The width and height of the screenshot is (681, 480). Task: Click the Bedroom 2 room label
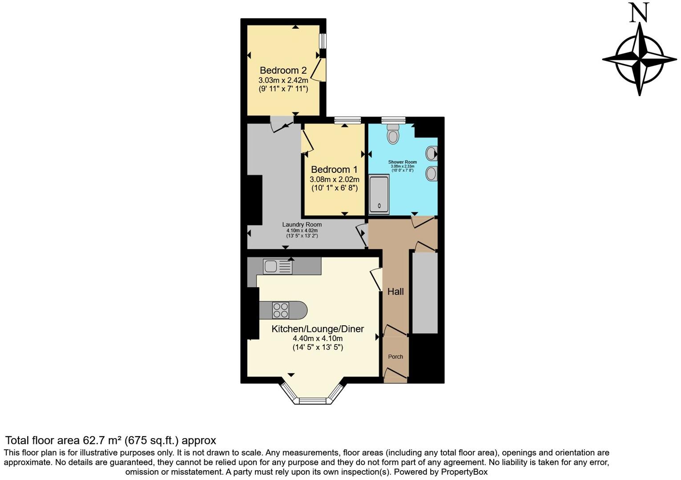(x=283, y=70)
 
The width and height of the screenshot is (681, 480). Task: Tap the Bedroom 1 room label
(x=334, y=169)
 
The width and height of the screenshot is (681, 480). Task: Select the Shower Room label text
(x=402, y=162)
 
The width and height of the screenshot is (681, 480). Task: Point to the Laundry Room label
(x=302, y=224)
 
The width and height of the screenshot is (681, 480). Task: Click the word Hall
(x=395, y=292)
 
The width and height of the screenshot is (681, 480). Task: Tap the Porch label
(x=395, y=356)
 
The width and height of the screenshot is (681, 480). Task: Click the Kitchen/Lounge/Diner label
(x=318, y=329)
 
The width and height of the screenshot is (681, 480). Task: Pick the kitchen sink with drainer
(x=278, y=267)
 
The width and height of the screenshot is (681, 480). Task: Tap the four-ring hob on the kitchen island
(x=281, y=310)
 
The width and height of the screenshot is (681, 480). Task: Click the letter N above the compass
(x=639, y=13)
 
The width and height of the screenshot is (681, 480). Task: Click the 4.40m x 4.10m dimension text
(x=318, y=338)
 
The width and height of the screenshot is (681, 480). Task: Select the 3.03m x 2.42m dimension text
(x=283, y=80)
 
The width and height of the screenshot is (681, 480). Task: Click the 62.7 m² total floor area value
(x=102, y=440)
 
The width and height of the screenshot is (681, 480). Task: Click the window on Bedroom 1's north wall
(x=347, y=120)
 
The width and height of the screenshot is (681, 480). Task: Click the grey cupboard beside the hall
(x=425, y=293)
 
